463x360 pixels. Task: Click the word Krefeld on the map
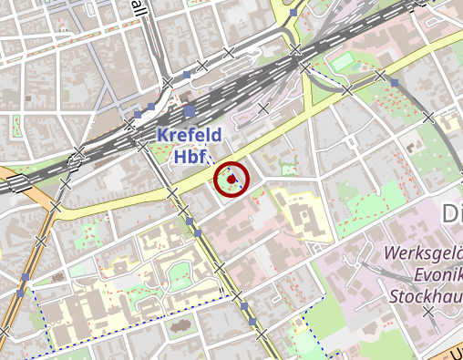pyautogui.click(x=190, y=136)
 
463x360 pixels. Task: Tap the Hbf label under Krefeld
pyautogui.click(x=190, y=156)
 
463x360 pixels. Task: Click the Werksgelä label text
pyautogui.click(x=423, y=252)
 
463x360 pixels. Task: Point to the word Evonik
pyautogui.click(x=428, y=274)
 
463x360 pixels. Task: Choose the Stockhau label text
pyautogui.click(x=426, y=296)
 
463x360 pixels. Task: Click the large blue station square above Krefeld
pyautogui.click(x=189, y=111)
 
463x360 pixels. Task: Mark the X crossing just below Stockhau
pyautogui.click(x=428, y=313)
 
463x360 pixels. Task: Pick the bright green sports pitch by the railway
pyautogui.click(x=341, y=63)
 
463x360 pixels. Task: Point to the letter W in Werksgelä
pyautogui.click(x=393, y=252)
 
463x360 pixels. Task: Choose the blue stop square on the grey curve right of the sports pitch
pyautogui.click(x=395, y=84)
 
